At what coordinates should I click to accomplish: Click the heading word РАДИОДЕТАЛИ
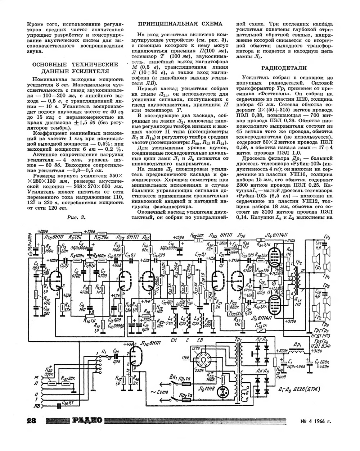(284, 68)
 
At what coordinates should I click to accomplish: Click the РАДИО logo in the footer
(87, 420)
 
